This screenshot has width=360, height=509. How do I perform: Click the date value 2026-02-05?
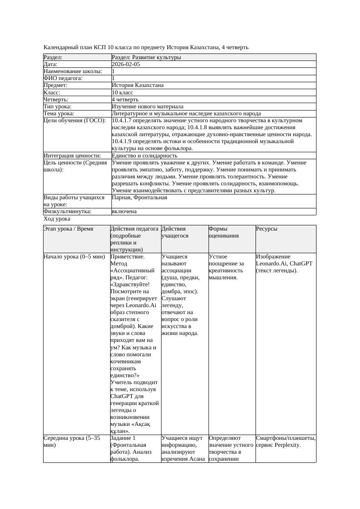coord(126,64)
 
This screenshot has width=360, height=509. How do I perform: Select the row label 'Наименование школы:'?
coord(73,71)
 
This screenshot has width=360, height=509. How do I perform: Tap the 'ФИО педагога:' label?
coord(63,78)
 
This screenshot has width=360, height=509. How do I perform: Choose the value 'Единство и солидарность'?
coord(145,156)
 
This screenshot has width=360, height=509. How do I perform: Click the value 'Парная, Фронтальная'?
coord(139,198)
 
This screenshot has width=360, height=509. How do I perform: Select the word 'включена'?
coord(124,211)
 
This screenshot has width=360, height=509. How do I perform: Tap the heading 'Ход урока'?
coord(57,219)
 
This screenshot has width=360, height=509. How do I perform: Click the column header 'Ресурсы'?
coord(266,229)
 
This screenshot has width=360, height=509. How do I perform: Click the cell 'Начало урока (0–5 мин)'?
coord(74,257)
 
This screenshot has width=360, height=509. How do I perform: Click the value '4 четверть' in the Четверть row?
coord(125,100)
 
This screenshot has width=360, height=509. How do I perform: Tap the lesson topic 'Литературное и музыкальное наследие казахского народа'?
coord(186,114)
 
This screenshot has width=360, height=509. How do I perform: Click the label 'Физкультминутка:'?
coord(67,211)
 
